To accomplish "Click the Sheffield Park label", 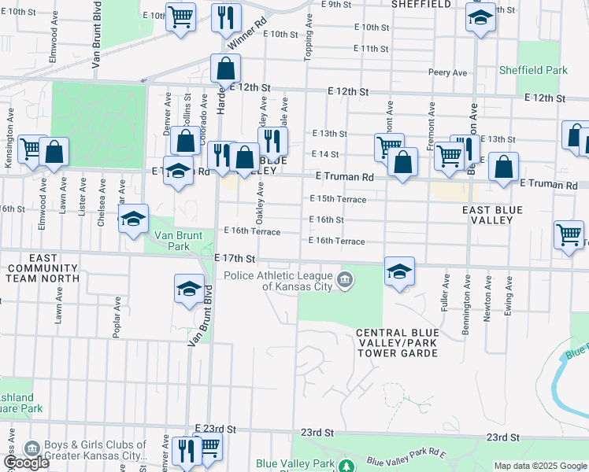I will coord(533,70).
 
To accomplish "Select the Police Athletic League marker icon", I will coord(344,280).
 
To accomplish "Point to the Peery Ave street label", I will coord(448,72).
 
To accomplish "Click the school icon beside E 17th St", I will coord(399,272).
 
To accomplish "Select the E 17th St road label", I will coord(235,258).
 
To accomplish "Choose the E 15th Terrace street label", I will coord(338,199).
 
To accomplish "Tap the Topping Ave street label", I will coord(308,39).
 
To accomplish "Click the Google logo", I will coord(26,463).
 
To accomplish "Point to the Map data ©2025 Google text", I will coord(539,466).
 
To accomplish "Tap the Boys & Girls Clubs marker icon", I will coord(33,449).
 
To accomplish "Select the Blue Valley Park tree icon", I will coord(345,466).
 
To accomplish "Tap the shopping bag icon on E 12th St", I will coord(225,69).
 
